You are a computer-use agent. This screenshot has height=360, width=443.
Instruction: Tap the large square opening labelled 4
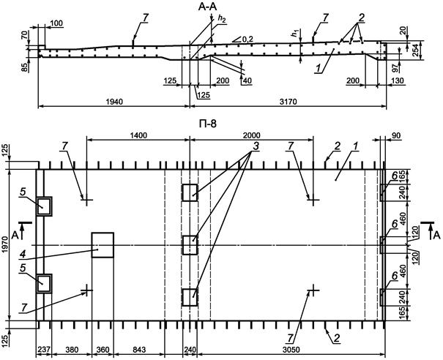(x=103, y=244)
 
